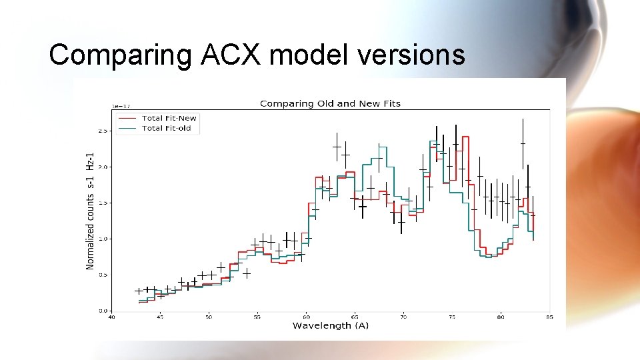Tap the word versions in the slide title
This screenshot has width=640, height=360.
click(411, 55)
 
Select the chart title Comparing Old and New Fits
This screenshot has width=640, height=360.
click(330, 103)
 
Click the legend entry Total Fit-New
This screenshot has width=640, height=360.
click(169, 118)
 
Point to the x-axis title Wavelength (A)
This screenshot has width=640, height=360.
click(330, 325)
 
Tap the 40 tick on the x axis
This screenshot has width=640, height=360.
click(111, 317)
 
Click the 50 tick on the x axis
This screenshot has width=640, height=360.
click(209, 317)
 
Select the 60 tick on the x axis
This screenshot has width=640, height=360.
click(306, 317)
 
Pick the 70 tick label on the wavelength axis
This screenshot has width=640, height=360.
click(403, 317)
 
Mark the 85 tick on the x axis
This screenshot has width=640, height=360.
click(549, 317)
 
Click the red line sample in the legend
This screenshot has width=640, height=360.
click(129, 118)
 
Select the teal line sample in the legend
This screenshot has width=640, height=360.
click(129, 128)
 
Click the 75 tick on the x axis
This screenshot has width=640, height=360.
click(452, 317)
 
